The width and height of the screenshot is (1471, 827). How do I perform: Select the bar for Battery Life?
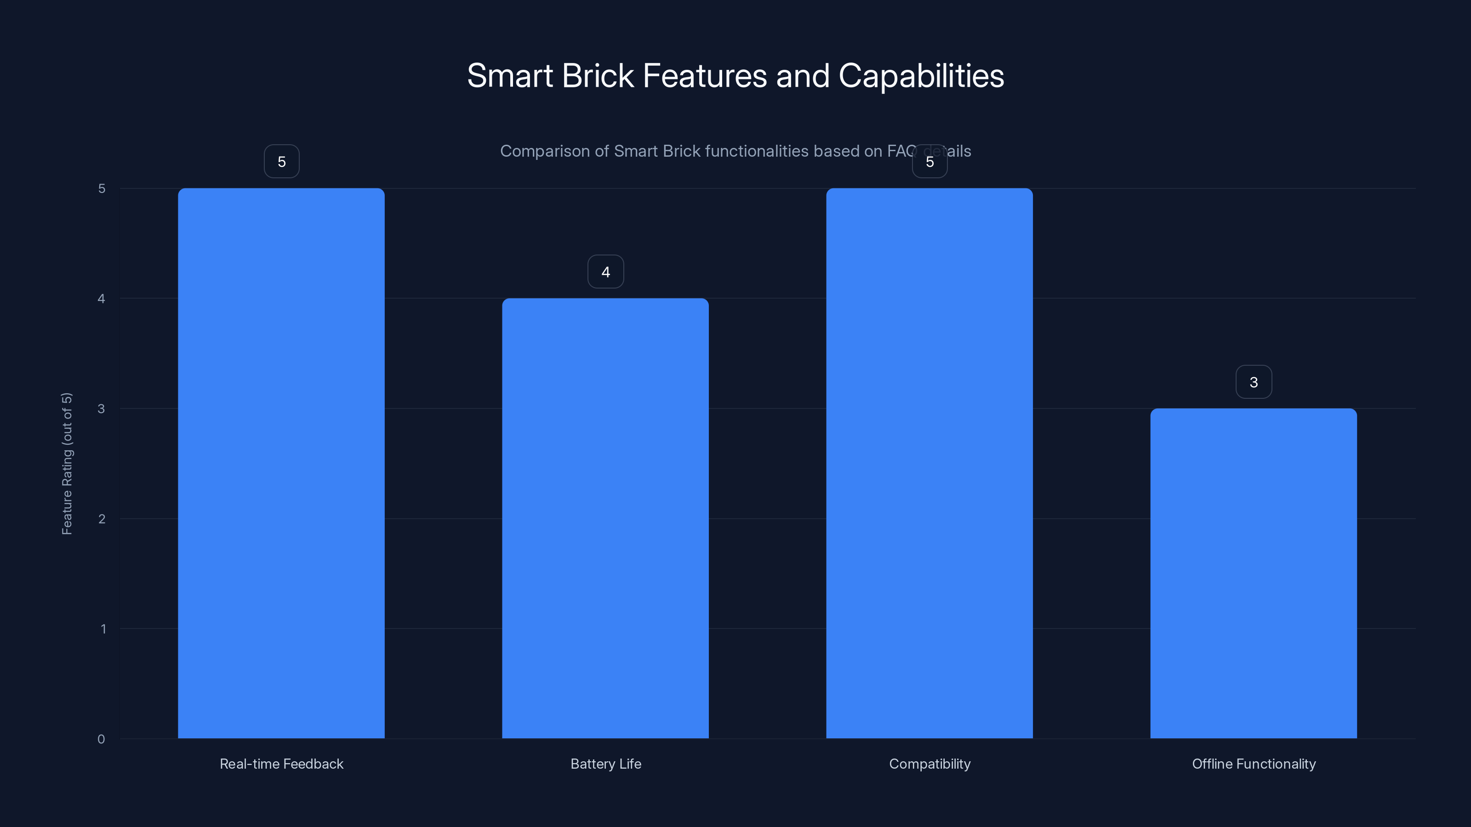click(605, 518)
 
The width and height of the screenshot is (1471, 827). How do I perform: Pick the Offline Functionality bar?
click(1254, 573)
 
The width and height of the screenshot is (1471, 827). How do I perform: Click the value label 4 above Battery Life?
click(605, 272)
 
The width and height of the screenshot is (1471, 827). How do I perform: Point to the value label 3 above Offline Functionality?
click(1254, 382)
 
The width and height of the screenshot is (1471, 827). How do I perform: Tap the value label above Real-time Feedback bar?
click(281, 162)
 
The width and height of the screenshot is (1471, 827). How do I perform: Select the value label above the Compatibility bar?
click(929, 162)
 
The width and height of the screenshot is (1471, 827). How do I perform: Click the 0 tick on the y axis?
click(101, 739)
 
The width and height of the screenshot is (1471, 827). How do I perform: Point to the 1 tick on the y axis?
click(103, 629)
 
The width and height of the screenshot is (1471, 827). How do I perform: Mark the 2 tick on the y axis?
click(102, 519)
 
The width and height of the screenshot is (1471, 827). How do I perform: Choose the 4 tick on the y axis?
click(102, 299)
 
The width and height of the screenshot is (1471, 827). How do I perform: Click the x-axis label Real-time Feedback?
click(281, 764)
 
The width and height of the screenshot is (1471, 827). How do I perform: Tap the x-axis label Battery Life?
click(605, 764)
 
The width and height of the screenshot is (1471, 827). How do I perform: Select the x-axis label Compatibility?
click(929, 764)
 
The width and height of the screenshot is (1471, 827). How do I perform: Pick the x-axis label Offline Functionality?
click(1254, 764)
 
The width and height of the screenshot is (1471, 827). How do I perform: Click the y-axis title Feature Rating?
click(67, 464)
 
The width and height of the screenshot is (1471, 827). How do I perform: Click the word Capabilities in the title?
click(921, 76)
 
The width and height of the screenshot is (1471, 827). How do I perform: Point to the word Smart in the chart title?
click(510, 76)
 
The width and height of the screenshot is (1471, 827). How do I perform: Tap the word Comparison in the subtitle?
click(545, 151)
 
